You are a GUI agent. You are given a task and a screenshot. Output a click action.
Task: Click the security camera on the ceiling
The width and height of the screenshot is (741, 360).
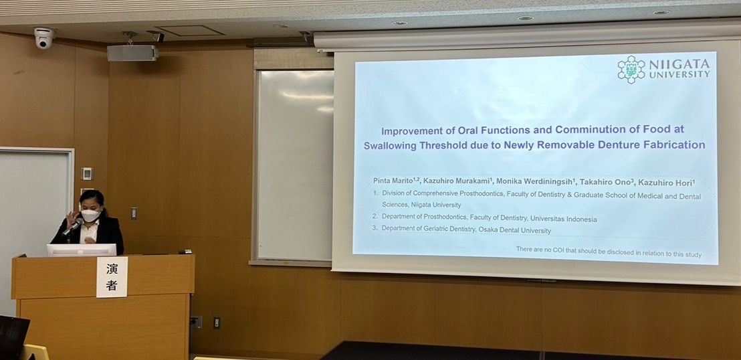pyautogui.click(x=44, y=37)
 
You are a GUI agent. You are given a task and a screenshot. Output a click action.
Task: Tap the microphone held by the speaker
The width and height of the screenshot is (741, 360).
pyautogui.click(x=73, y=227)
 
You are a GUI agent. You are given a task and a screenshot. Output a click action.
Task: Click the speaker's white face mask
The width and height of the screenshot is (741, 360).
pyautogui.click(x=90, y=215)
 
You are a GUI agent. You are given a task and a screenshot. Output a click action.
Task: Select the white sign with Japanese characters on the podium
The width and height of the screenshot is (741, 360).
pyautogui.click(x=112, y=277)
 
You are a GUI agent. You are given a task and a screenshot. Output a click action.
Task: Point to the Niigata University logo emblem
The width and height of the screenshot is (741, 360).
pyautogui.click(x=631, y=70)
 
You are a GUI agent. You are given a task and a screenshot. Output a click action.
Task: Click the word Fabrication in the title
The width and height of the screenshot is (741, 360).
pyautogui.click(x=673, y=145)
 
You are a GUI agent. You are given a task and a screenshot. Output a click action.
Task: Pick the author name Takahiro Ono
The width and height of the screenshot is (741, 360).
pyautogui.click(x=603, y=181)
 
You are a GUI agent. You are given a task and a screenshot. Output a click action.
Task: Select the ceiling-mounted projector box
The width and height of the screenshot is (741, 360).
pyautogui.click(x=132, y=53)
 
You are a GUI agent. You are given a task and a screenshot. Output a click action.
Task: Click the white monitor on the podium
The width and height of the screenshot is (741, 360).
pyautogui.click(x=82, y=250)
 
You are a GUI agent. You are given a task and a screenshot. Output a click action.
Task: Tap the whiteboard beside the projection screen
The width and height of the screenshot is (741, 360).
pyautogui.click(x=295, y=165)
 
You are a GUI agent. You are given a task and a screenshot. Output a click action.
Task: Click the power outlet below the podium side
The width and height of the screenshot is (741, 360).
pyautogui.click(x=196, y=322)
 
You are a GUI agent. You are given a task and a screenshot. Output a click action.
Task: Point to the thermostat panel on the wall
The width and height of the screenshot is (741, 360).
pyautogui.click(x=87, y=173)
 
